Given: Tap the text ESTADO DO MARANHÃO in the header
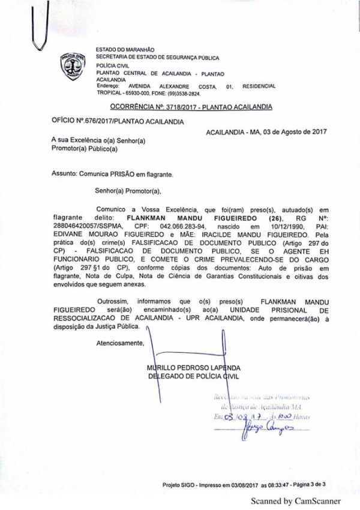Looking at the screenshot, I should pyautogui.click(x=125, y=49).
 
